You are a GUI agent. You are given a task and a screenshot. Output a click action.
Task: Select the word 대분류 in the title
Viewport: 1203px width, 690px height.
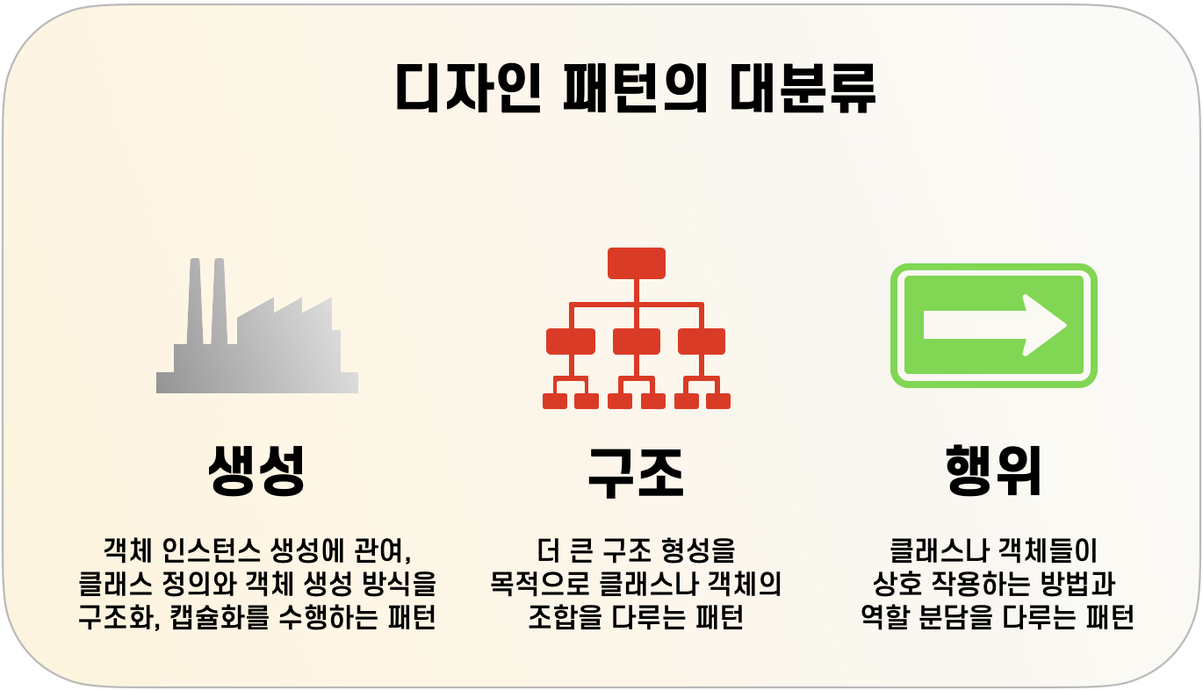click(x=803, y=88)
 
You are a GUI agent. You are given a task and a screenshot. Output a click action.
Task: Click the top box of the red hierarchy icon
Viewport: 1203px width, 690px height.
click(x=636, y=262)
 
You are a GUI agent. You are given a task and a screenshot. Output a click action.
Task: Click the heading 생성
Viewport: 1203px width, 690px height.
click(x=256, y=471)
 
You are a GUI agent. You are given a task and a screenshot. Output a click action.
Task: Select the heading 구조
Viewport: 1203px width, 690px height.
click(x=636, y=472)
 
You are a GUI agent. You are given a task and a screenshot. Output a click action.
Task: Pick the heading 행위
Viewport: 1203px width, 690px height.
click(x=994, y=471)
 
